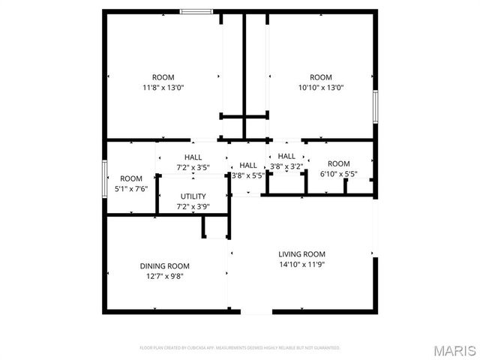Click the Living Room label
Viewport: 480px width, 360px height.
pyautogui.click(x=301, y=254)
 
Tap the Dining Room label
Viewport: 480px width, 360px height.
pyautogui.click(x=164, y=266)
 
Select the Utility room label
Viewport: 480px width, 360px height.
pyautogui.click(x=193, y=196)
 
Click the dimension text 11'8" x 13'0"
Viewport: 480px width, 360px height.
pyautogui.click(x=163, y=87)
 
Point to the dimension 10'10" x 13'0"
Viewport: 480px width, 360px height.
pyautogui.click(x=320, y=87)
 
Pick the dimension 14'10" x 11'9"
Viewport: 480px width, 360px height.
pyautogui.click(x=301, y=264)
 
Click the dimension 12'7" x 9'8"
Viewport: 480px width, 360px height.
pyautogui.click(x=164, y=276)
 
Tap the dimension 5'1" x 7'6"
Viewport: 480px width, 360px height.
pyautogui.click(x=131, y=188)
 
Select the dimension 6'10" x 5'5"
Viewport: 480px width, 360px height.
pyautogui.click(x=338, y=174)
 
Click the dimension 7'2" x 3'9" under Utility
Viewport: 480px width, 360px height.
pyautogui.click(x=193, y=206)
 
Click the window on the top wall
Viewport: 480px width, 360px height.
pyautogui.click(x=196, y=11)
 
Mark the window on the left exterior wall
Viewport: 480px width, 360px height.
pyautogui.click(x=104, y=178)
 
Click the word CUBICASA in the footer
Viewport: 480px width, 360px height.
pyautogui.click(x=202, y=348)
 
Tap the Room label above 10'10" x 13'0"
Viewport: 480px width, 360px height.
pyautogui.click(x=320, y=77)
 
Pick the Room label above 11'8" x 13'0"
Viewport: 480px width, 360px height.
pyautogui.click(x=163, y=77)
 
